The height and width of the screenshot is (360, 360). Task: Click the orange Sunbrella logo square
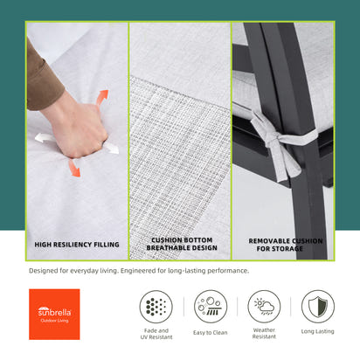pyautogui.click(x=54, y=315)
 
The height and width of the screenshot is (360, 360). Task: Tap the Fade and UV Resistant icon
pyautogui.click(x=156, y=307)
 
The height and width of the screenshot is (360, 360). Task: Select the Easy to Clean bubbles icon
pyautogui.click(x=211, y=307)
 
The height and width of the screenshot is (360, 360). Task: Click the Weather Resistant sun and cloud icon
pyautogui.click(x=264, y=307)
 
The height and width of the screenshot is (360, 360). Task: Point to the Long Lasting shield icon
pyautogui.click(x=318, y=307)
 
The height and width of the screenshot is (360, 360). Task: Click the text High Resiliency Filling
pyautogui.click(x=77, y=245)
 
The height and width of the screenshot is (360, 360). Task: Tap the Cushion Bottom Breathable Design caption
pyautogui.click(x=182, y=244)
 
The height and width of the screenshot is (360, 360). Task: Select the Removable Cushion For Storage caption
pyautogui.click(x=286, y=245)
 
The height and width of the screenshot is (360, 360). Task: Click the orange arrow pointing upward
pyautogui.click(x=102, y=98)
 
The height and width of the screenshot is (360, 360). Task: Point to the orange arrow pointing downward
pyautogui.click(x=74, y=168)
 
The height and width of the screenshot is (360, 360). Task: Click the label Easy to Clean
pyautogui.click(x=211, y=333)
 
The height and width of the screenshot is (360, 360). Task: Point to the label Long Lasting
pyautogui.click(x=318, y=331)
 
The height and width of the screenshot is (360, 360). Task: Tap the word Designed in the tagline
pyautogui.click(x=44, y=271)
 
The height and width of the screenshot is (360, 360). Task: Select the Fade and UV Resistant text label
pyautogui.click(x=156, y=334)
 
